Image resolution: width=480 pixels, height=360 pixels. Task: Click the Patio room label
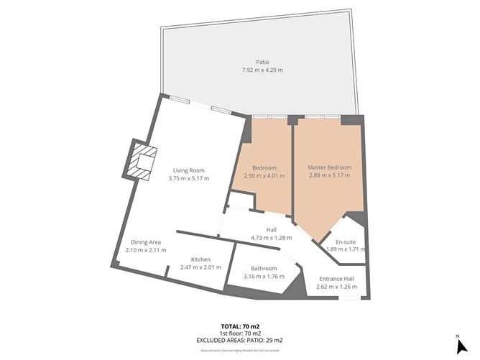(262, 63)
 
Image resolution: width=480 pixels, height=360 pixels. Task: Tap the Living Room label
(189, 170)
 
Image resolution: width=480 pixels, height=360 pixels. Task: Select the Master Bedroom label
(329, 167)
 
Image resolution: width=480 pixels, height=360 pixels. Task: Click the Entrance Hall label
(336, 278)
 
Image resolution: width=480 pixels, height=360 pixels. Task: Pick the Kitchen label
(200, 259)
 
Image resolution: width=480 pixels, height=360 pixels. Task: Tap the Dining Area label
(145, 242)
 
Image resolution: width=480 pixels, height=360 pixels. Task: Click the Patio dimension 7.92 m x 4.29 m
(262, 70)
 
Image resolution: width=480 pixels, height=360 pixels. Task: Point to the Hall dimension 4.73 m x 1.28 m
(271, 237)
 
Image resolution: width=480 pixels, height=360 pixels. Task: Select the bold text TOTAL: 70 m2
(239, 326)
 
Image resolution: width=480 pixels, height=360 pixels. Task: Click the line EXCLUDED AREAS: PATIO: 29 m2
(239, 340)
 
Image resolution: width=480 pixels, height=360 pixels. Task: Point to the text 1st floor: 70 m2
(239, 333)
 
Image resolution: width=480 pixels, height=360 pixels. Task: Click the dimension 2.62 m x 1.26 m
(336, 286)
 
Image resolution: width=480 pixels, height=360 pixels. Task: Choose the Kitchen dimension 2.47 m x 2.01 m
(200, 267)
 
